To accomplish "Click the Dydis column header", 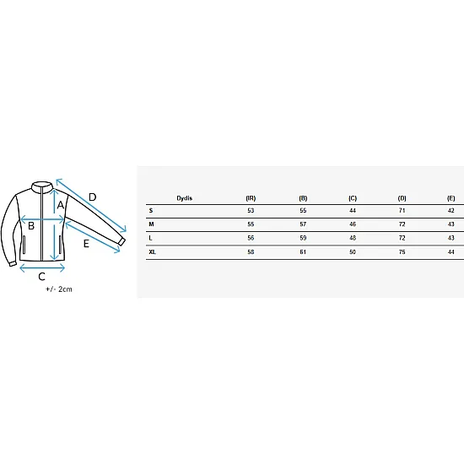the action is click(185, 198).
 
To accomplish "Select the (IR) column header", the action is click(251, 198).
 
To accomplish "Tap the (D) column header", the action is click(402, 198).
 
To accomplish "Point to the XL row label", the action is click(153, 252).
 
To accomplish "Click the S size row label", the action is click(151, 211).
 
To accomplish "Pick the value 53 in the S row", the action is click(251, 211).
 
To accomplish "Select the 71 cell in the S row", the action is click(402, 211).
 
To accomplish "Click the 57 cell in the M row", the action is click(303, 224).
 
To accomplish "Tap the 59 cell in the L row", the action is click(303, 238).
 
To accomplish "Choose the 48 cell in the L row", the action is click(353, 238).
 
